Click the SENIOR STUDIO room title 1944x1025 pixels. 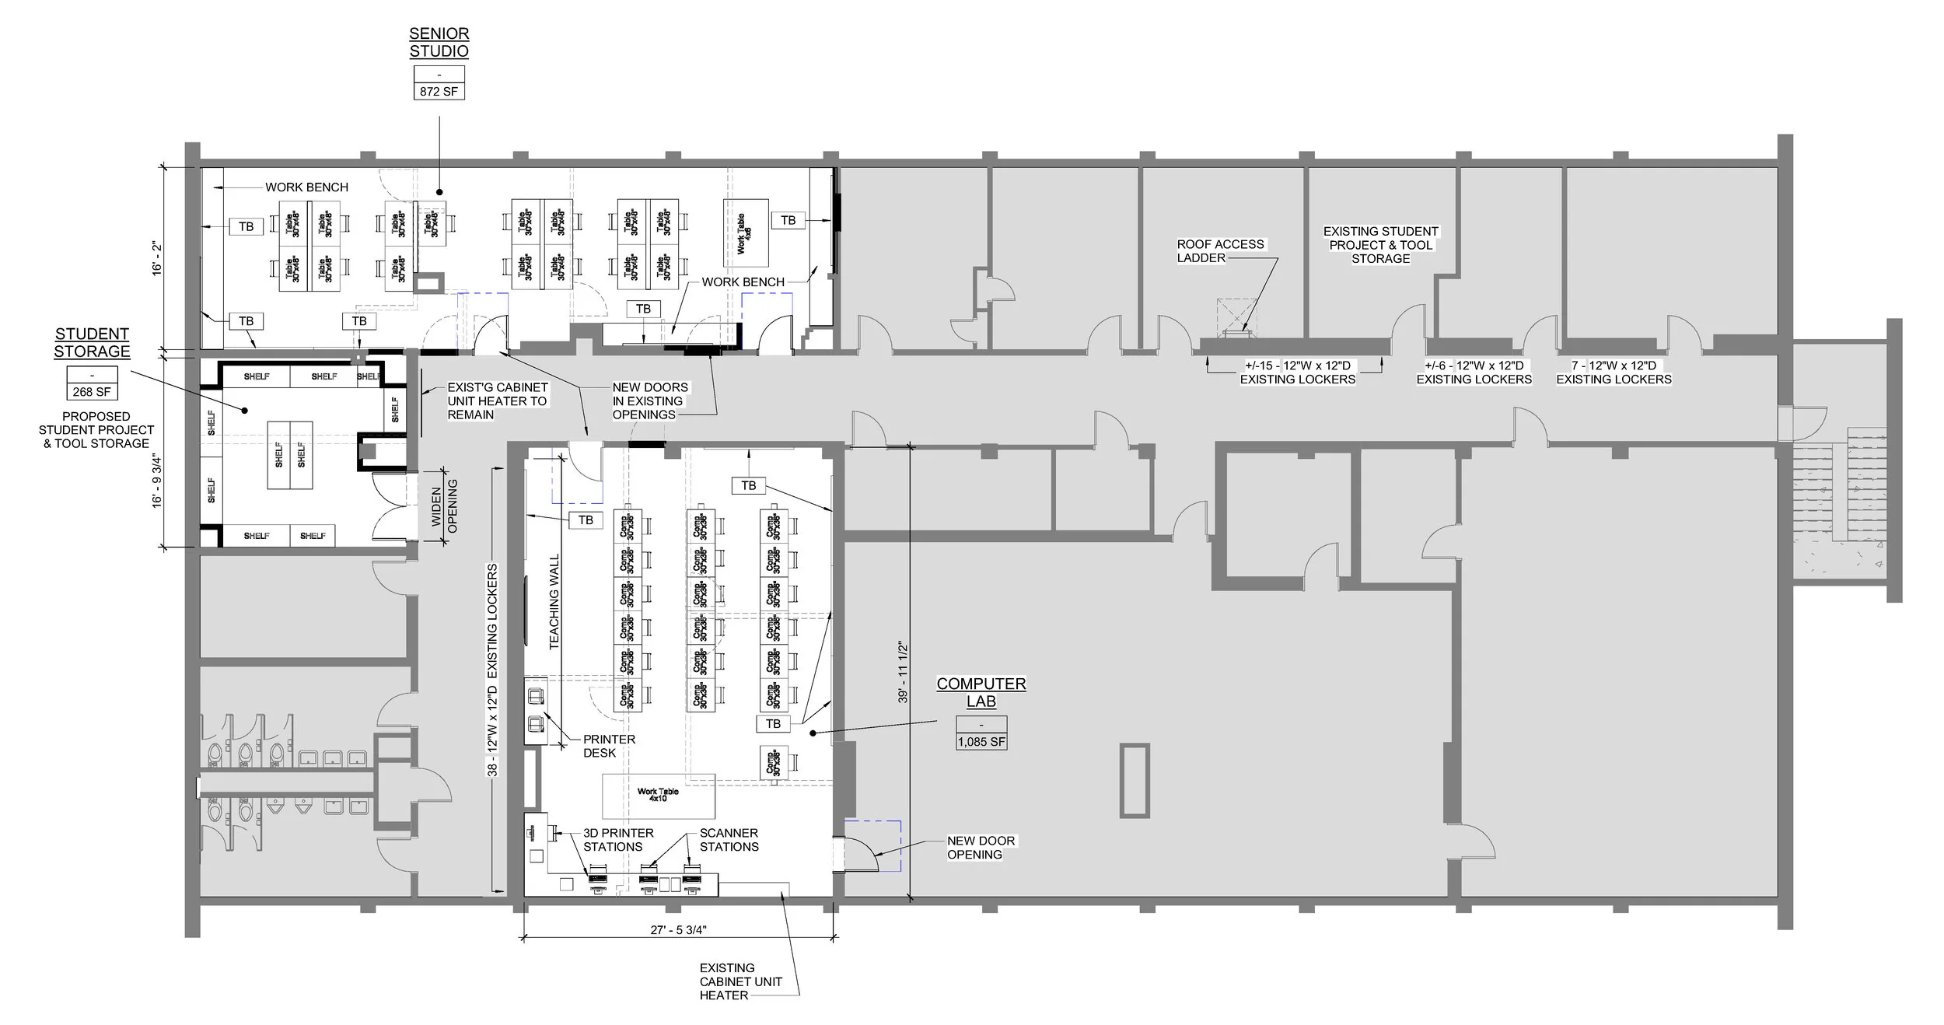point(439,43)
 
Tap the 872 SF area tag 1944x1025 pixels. point(439,91)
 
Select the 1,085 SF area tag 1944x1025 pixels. point(981,742)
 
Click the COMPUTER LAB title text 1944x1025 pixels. point(981,692)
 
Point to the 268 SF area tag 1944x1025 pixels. point(92,392)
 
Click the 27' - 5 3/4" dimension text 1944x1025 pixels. point(678,929)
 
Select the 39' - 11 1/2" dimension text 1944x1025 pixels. point(903,672)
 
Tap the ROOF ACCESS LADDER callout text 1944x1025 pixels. point(1219,250)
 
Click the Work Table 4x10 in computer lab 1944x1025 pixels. point(658,795)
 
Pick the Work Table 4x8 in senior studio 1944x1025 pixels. point(745,233)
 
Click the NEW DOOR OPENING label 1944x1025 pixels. point(980,847)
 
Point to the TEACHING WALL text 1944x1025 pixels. point(554,601)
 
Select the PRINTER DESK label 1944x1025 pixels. point(609,746)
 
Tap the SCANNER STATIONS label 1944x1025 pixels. point(729,839)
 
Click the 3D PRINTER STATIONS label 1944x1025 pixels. point(617,839)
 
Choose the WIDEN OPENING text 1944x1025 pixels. point(444,506)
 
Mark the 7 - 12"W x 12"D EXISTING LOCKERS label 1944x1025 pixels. point(1613,372)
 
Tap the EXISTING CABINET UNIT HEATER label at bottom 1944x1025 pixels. point(739,981)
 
